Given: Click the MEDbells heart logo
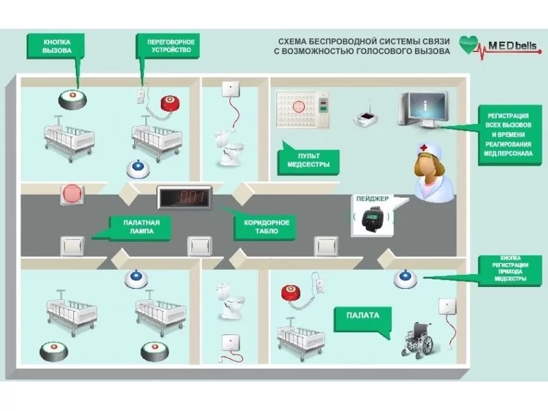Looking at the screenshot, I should click(x=471, y=45).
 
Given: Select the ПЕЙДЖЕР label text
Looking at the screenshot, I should click(x=372, y=199).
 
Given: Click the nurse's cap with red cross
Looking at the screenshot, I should click(x=428, y=151).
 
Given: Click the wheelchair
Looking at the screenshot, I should click(x=421, y=339).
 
